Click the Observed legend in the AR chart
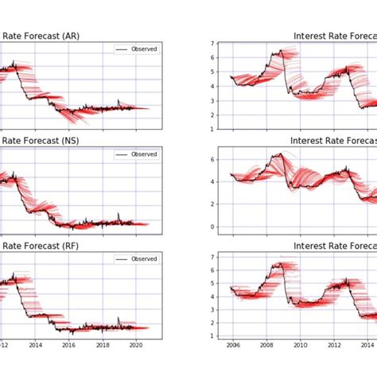(x=137, y=49)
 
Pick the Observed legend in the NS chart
(x=137, y=154)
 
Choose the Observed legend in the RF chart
(x=137, y=259)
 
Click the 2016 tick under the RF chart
(x=69, y=346)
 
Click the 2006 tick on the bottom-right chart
(x=232, y=346)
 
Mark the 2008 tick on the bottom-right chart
(x=266, y=346)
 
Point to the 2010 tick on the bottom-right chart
(x=300, y=346)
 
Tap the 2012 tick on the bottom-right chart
(x=333, y=346)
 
